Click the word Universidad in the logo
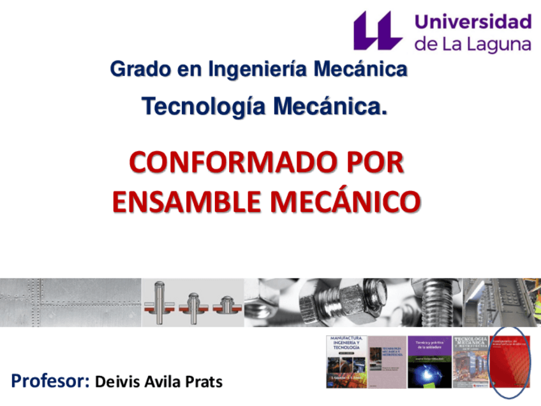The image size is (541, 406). click(x=473, y=22)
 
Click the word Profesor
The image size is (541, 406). click(x=50, y=382)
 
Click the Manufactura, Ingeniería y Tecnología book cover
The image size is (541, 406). click(x=346, y=361)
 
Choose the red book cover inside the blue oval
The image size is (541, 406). click(x=509, y=361)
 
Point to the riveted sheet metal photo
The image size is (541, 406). click(x=70, y=302)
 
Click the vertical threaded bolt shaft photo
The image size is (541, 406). click(x=440, y=302)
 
